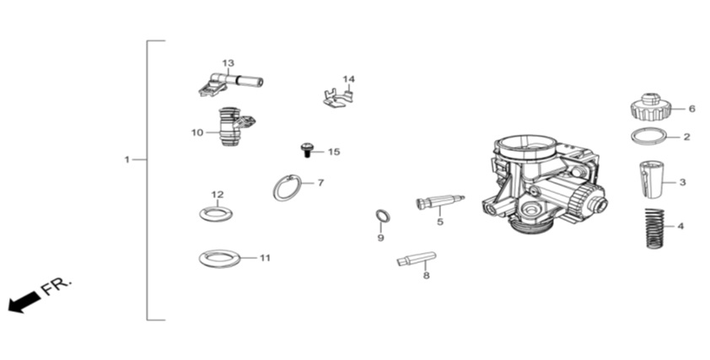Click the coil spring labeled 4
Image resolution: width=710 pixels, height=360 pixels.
[x=653, y=228]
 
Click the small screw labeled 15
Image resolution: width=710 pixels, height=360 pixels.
[x=306, y=149]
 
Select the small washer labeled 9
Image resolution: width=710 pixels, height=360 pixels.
[x=383, y=216]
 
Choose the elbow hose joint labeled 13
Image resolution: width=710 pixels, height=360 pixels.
[x=230, y=82]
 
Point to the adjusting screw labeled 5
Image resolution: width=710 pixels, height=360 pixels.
[x=438, y=201]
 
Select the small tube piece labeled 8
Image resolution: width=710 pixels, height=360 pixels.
[x=416, y=259]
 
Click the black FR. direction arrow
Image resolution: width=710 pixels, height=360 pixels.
[x=24, y=302]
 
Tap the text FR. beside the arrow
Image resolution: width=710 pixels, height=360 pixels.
[x=56, y=286]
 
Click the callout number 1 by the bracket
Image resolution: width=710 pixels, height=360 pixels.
[x=127, y=159]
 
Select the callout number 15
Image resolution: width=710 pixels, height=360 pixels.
[x=334, y=152]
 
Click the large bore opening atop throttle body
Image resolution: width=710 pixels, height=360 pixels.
[x=528, y=145]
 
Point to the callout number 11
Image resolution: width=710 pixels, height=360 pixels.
[x=265, y=258]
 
